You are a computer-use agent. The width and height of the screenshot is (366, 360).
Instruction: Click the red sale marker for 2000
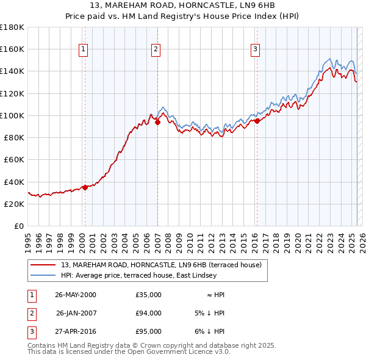click(x=85, y=187)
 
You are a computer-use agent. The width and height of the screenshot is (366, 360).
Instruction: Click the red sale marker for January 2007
click(x=157, y=122)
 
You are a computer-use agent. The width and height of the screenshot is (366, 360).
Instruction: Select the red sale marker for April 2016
click(x=257, y=121)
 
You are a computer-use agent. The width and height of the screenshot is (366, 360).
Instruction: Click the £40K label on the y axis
click(x=14, y=182)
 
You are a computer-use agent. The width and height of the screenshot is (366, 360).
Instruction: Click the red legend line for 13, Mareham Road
click(x=43, y=265)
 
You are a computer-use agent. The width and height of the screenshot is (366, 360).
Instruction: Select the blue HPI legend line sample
click(x=43, y=275)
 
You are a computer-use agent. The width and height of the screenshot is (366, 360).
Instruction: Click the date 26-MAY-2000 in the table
click(x=76, y=295)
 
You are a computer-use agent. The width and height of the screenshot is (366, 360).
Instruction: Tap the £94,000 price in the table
click(x=149, y=313)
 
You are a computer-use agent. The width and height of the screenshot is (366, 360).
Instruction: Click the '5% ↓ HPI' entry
click(x=208, y=313)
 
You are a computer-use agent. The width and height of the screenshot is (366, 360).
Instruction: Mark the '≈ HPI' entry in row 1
click(x=215, y=295)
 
